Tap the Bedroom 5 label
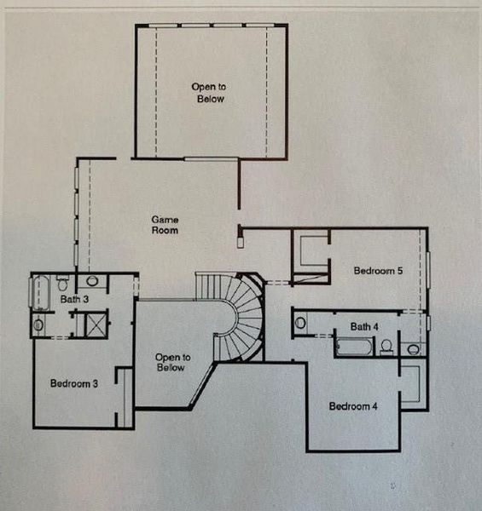point(378,271)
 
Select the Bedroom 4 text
point(353,406)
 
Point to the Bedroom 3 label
point(73,383)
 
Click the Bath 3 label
point(74,300)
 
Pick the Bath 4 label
point(364,326)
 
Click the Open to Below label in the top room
point(207,92)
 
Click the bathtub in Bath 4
point(354,347)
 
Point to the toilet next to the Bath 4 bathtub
point(386,347)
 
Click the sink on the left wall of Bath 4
point(301,323)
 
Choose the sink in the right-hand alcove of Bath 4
point(413,348)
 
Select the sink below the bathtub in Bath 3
point(38,324)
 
